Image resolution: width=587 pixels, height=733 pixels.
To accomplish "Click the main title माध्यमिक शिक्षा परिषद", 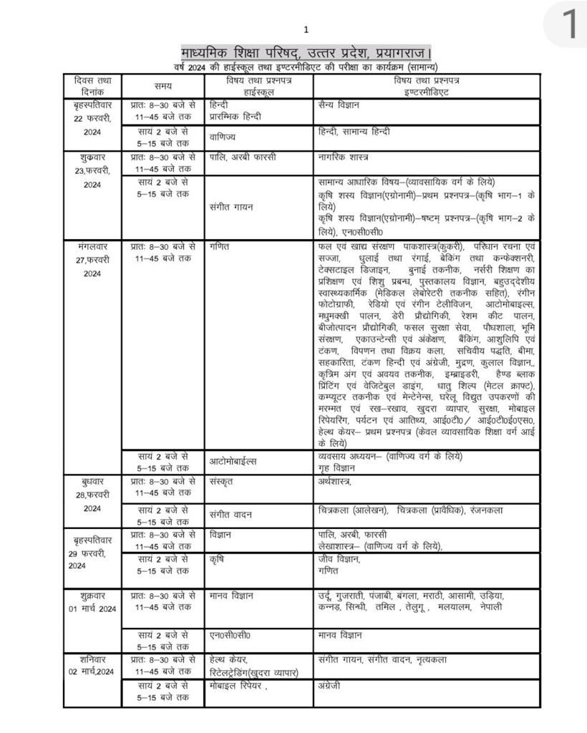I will click(306, 53).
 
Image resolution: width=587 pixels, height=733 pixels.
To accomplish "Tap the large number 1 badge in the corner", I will click(570, 24).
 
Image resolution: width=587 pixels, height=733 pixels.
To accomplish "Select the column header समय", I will click(162, 86).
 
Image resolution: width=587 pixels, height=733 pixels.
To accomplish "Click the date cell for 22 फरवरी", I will click(92, 118).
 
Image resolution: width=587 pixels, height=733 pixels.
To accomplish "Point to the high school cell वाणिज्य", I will click(223, 136).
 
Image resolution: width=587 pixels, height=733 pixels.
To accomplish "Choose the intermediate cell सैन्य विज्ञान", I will click(339, 105).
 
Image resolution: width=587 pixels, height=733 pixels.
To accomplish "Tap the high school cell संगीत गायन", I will click(231, 207).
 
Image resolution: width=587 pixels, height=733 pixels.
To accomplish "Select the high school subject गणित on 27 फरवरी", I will click(220, 246).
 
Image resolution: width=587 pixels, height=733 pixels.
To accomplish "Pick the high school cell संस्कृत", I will click(223, 482).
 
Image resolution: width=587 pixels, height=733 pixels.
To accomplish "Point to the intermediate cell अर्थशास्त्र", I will click(334, 482).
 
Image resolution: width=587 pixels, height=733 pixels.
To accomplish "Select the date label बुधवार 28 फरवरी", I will click(92, 494).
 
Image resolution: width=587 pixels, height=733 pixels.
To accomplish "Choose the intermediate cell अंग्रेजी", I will click(330, 685).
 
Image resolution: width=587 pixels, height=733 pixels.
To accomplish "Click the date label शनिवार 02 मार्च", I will click(92, 665).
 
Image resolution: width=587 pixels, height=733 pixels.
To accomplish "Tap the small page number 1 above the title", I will click(306, 29).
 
